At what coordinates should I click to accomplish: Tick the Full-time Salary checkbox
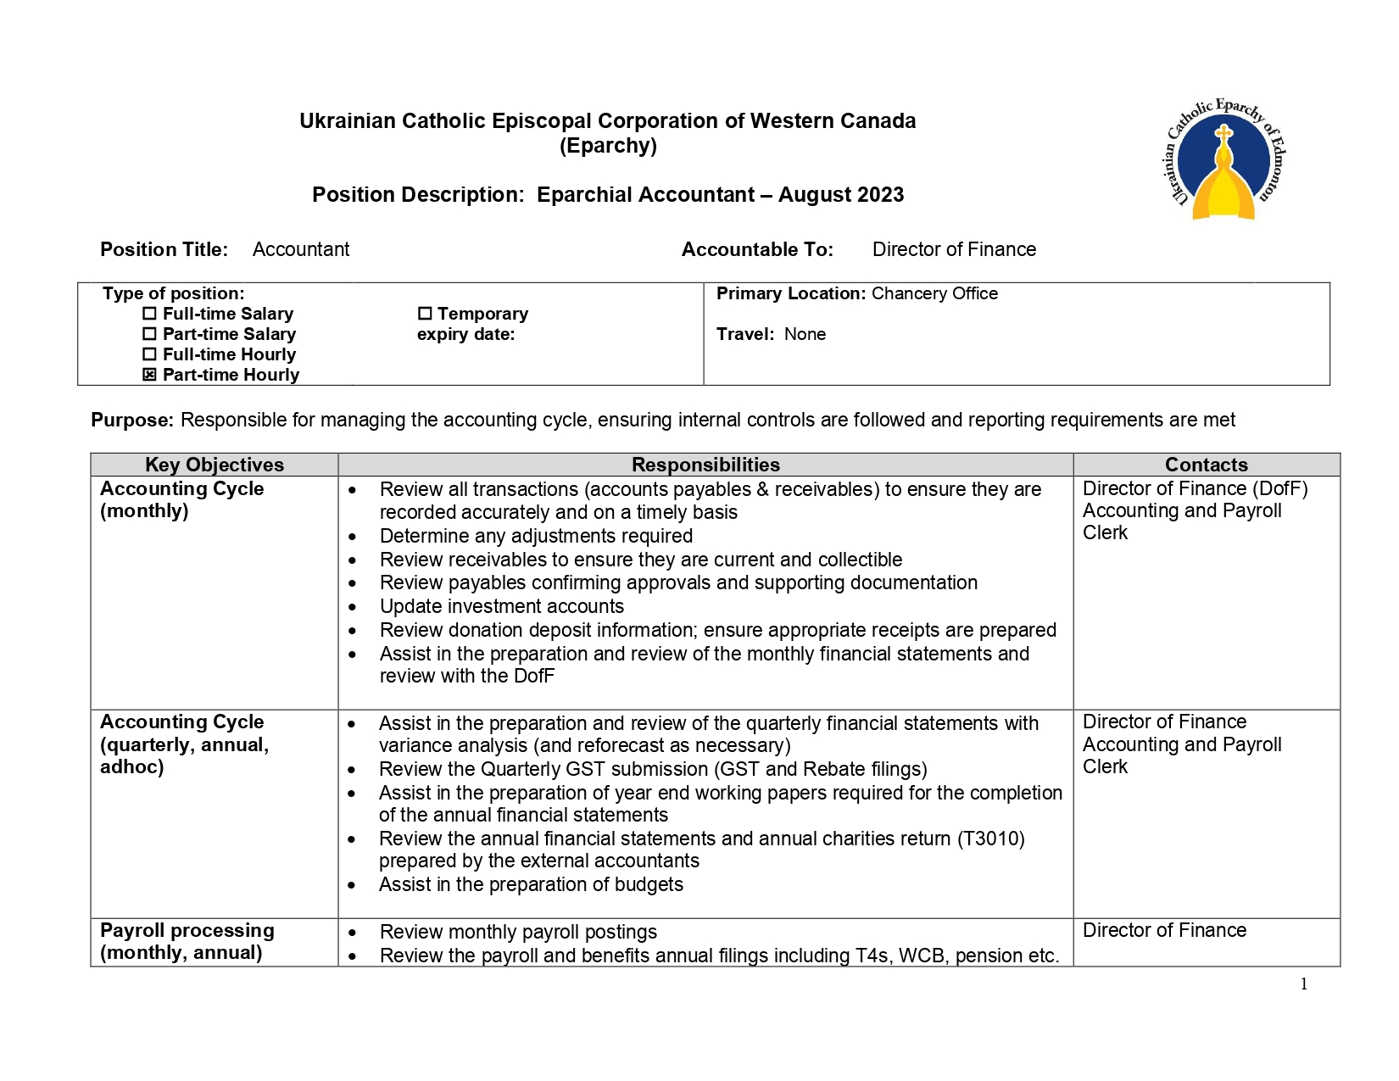pyautogui.click(x=150, y=314)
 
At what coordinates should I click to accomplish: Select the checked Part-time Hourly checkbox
pyautogui.click(x=150, y=375)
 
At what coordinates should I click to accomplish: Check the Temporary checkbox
pyautogui.click(x=425, y=314)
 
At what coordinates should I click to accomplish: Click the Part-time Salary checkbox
pyautogui.click(x=150, y=334)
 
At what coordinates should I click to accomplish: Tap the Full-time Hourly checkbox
pyautogui.click(x=150, y=354)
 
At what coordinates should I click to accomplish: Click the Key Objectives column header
pyautogui.click(x=215, y=465)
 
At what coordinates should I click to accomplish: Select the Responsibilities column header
pyautogui.click(x=705, y=465)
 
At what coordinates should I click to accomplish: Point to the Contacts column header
pyautogui.click(x=1206, y=465)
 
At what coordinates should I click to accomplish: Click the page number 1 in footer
pyautogui.click(x=1304, y=983)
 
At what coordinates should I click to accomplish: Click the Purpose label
pyautogui.click(x=132, y=421)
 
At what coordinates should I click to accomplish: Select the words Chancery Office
pyautogui.click(x=934, y=293)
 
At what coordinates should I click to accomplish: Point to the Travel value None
pyautogui.click(x=805, y=334)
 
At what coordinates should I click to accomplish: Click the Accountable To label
pyautogui.click(x=757, y=249)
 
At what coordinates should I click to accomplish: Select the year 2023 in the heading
pyautogui.click(x=880, y=195)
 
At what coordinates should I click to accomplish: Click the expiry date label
pyautogui.click(x=465, y=334)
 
